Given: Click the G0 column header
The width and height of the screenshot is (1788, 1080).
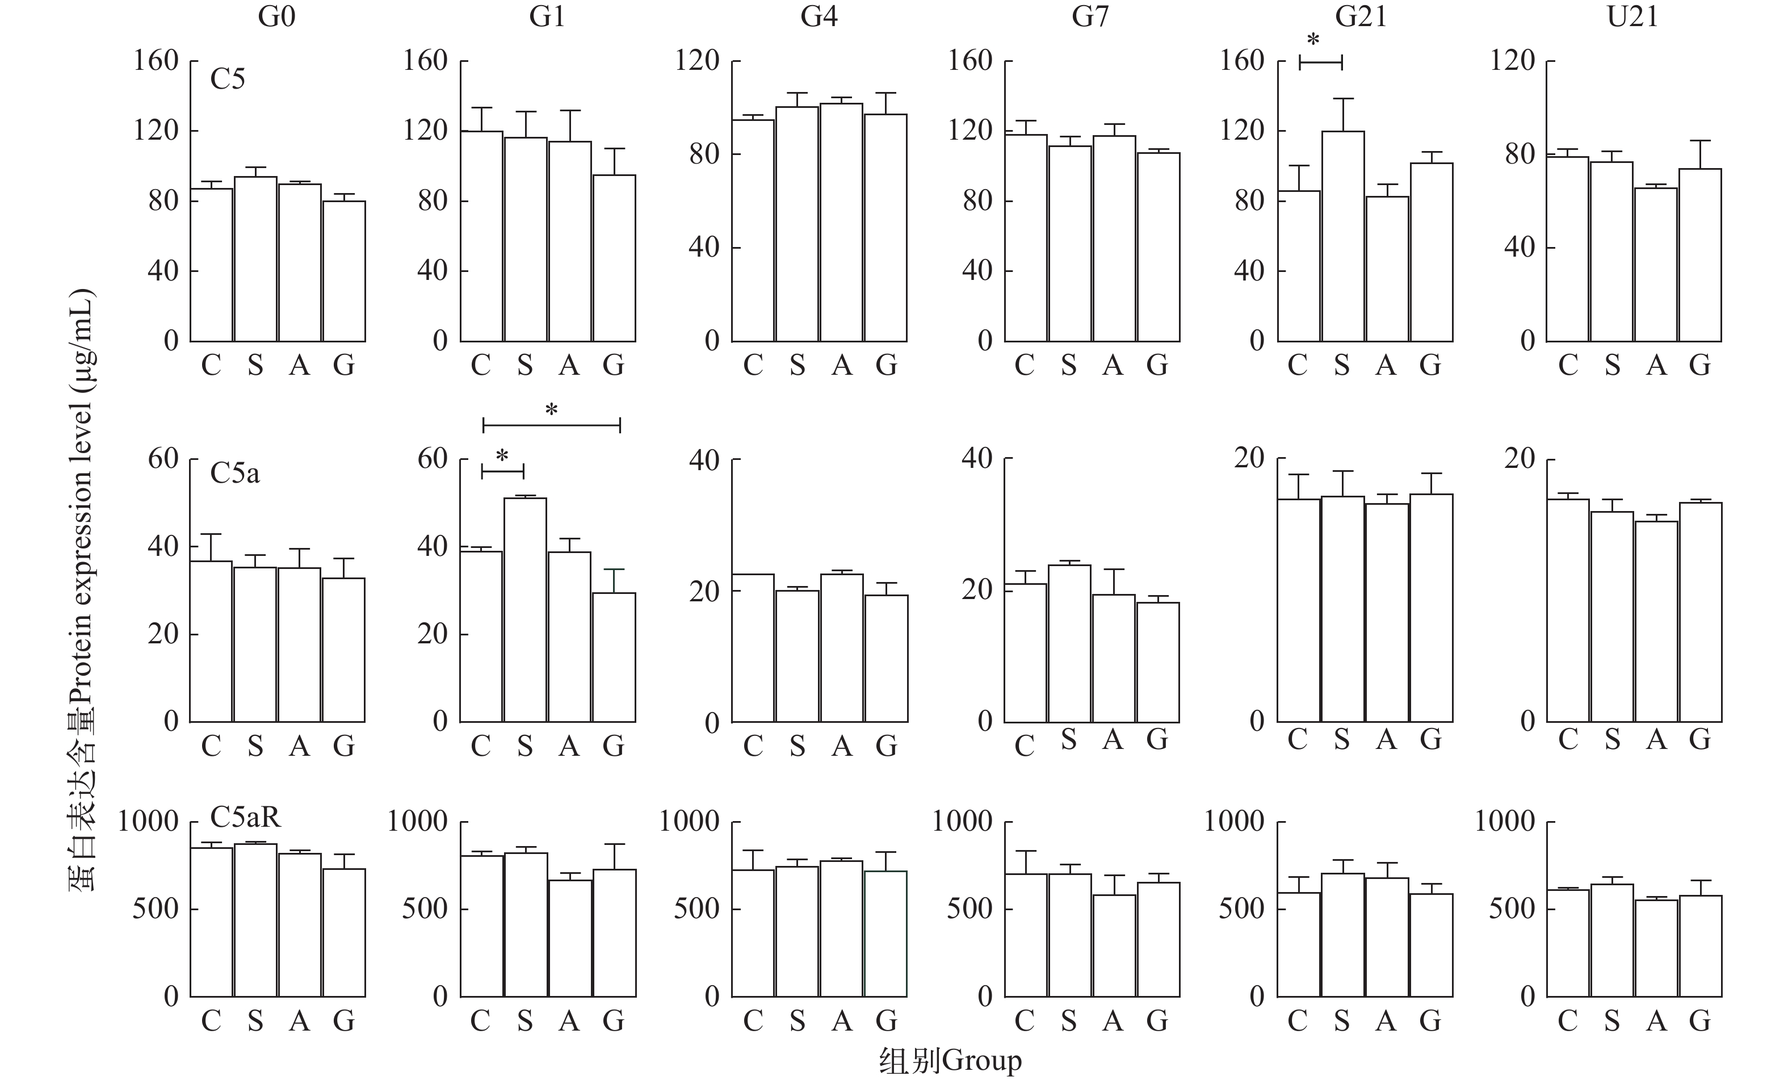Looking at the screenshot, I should (276, 16).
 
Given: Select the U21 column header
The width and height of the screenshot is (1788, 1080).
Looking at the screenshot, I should (1632, 16).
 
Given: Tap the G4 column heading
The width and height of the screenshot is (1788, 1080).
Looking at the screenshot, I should (819, 16).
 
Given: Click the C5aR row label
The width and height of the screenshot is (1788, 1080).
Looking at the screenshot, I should (245, 817).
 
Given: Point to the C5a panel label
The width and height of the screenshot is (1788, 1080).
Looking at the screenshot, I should (234, 473).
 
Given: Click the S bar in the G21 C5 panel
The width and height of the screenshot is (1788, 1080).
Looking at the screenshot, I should (1342, 236).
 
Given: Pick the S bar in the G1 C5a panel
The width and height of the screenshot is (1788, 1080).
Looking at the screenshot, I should (526, 610).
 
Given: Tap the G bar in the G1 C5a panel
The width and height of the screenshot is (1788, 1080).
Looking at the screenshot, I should (614, 657).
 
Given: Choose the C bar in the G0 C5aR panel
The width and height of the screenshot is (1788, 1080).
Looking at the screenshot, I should (211, 922).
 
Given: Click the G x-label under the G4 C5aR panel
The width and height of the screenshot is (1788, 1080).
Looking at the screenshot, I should (886, 1020).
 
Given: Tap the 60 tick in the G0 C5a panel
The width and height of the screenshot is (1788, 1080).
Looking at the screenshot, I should (163, 459).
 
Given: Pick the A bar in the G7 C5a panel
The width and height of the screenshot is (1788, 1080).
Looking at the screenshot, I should (1114, 658).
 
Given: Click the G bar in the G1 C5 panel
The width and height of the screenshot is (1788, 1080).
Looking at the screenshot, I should (614, 258).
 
